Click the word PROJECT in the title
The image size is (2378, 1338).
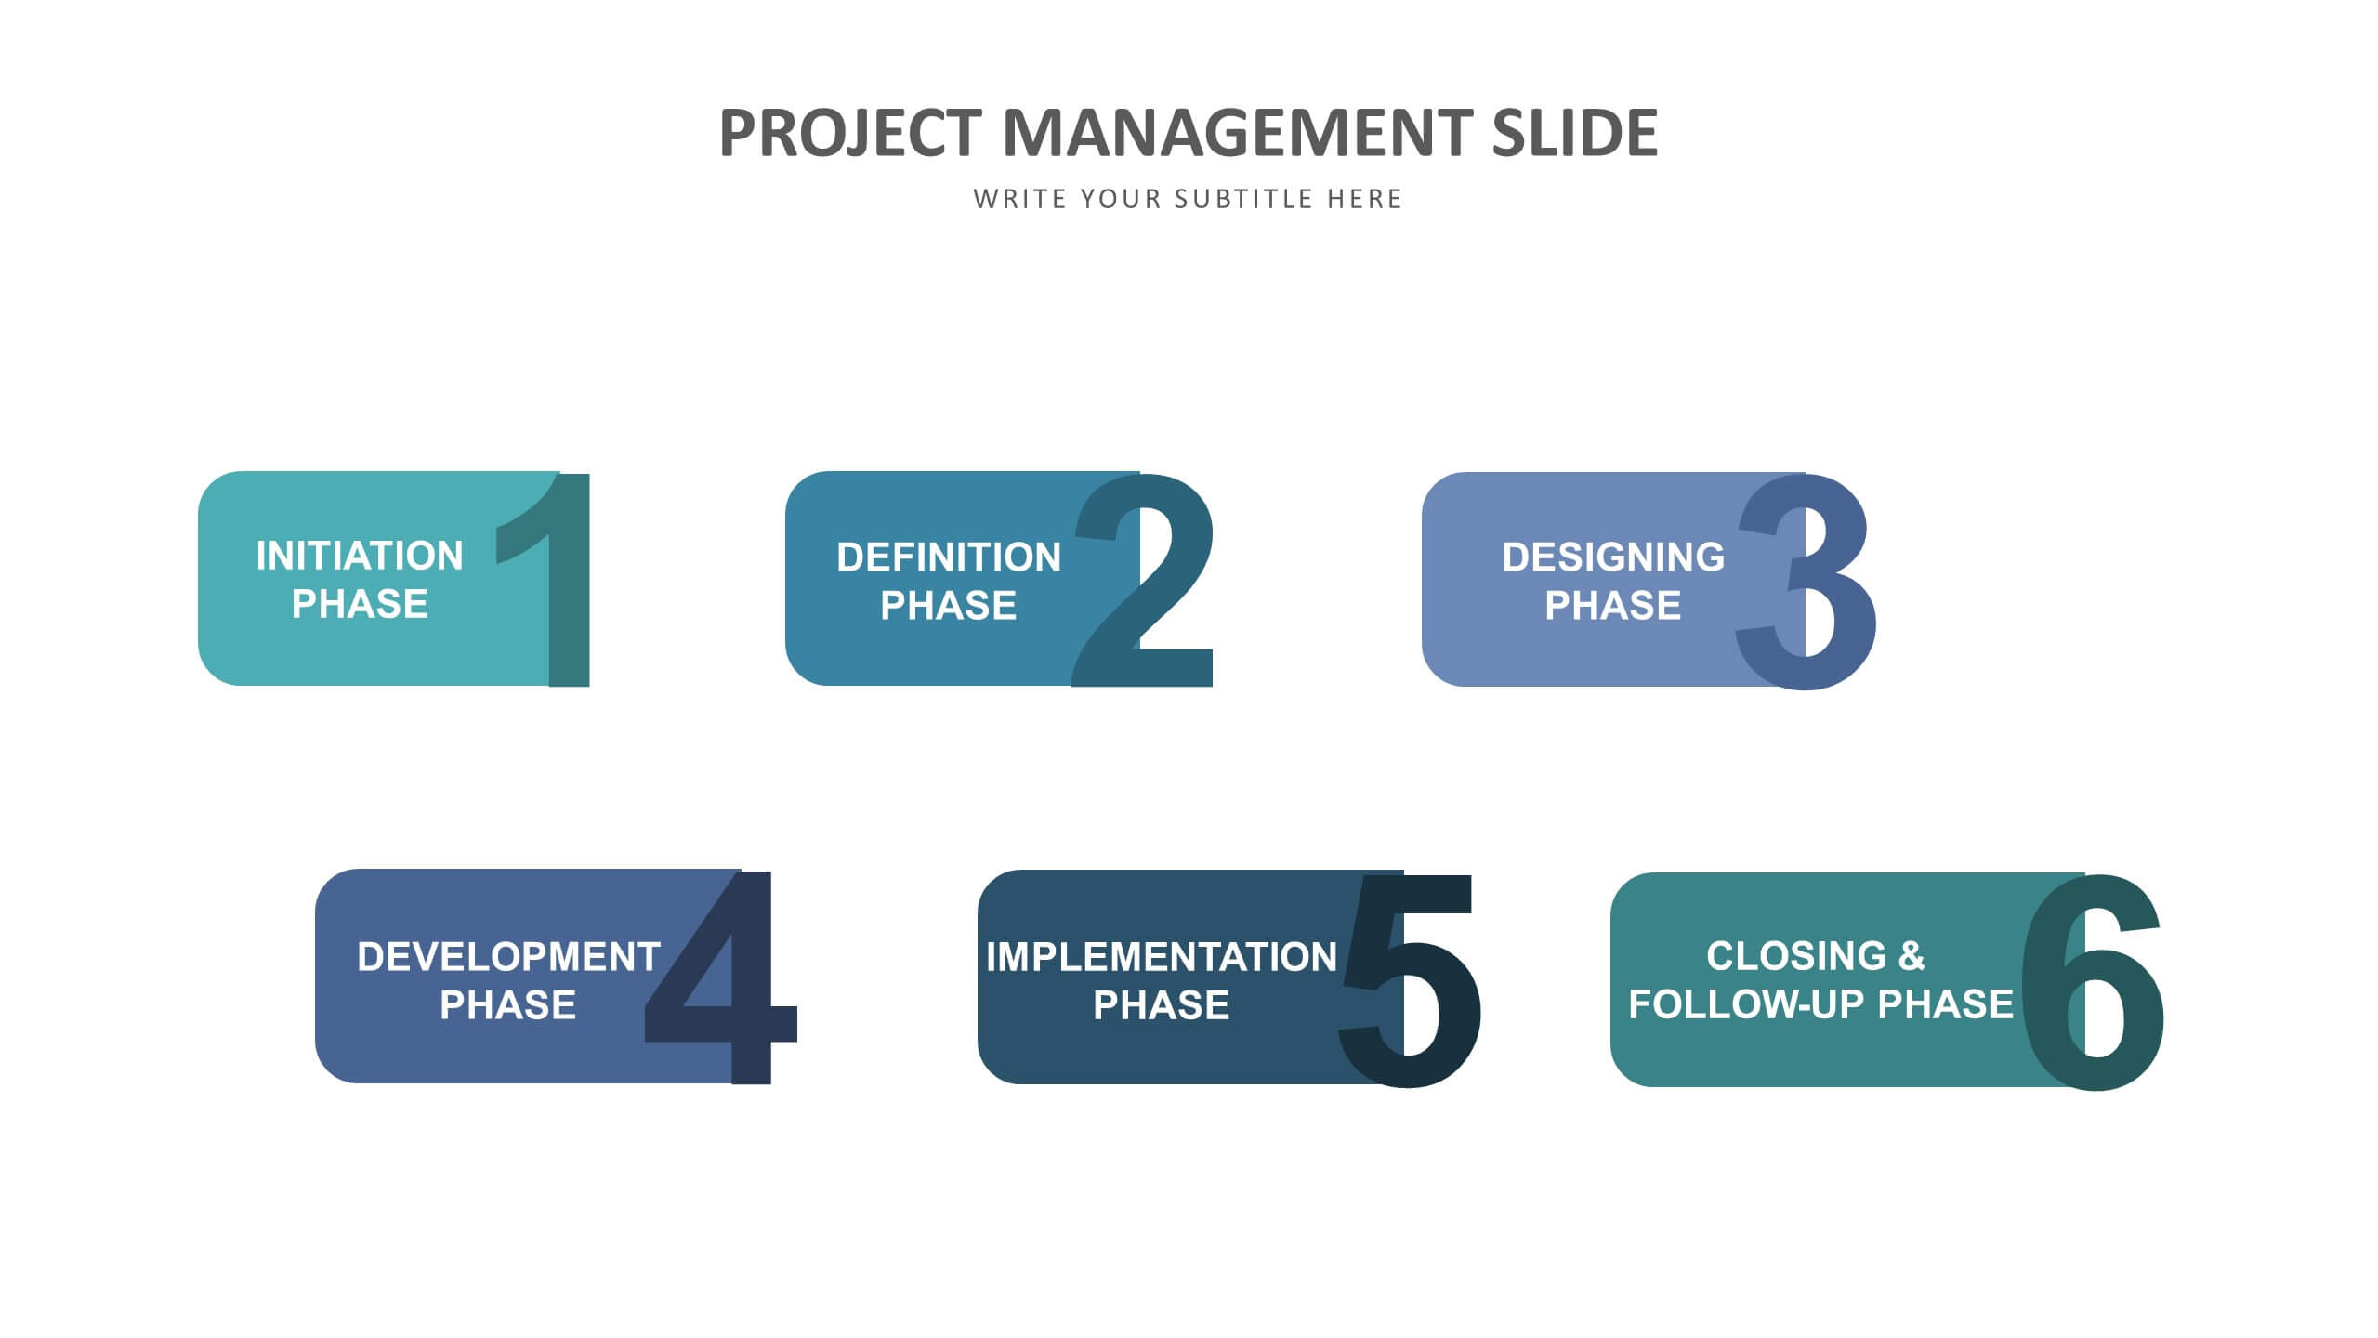(850, 133)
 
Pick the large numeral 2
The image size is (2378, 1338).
(1143, 581)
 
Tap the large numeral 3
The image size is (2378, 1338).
(1805, 582)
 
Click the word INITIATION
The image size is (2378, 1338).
(360, 556)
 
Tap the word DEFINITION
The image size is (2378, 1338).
(949, 557)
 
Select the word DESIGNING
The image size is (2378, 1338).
(1613, 557)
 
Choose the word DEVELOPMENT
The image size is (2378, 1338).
(508, 957)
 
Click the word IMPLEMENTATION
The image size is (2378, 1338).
(1162, 957)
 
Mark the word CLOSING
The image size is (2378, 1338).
(1796, 956)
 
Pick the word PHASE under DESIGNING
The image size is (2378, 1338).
(1613, 606)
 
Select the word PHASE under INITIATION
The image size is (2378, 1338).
(360, 604)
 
